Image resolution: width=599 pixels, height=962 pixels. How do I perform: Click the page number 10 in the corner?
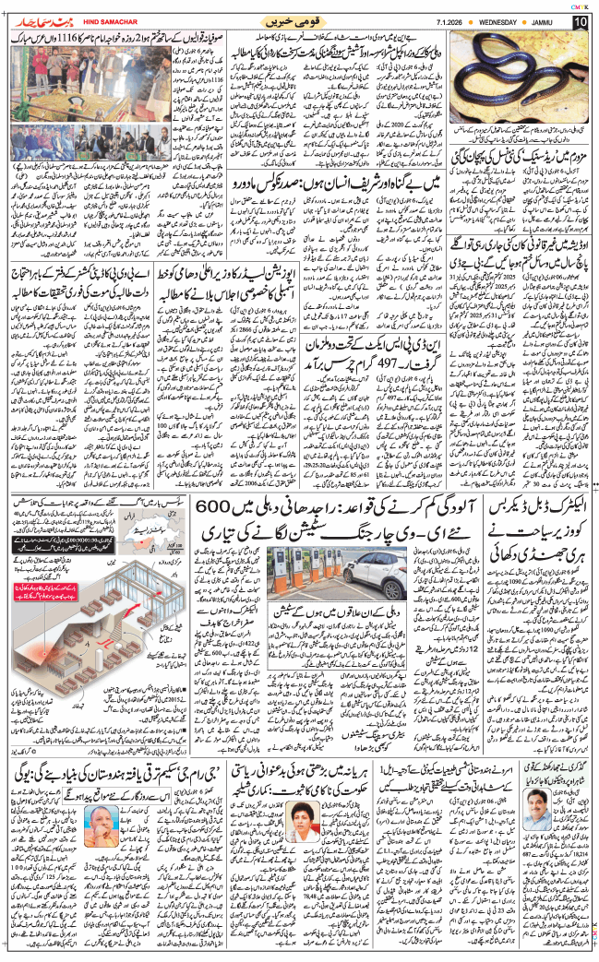[x=580, y=21]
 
